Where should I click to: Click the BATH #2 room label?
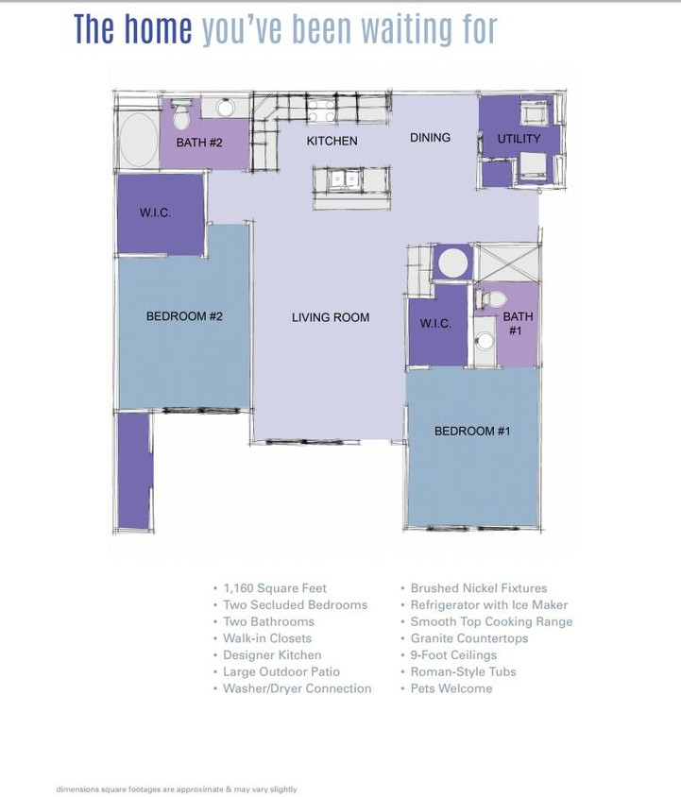(x=199, y=144)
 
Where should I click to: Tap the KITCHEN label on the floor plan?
(x=332, y=142)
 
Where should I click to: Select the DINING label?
(x=430, y=138)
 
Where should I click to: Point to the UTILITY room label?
(x=519, y=139)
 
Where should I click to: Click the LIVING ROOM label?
(x=330, y=317)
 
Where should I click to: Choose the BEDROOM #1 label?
(x=472, y=432)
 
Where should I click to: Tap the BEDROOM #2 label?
(x=184, y=316)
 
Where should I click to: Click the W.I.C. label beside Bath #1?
(x=435, y=324)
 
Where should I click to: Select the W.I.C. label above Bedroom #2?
(x=155, y=213)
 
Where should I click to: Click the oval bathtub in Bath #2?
(x=140, y=141)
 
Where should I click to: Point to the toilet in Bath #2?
(x=181, y=114)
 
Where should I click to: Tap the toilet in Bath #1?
(x=490, y=299)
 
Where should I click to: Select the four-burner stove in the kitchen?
(x=321, y=110)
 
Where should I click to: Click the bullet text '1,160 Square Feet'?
(x=275, y=588)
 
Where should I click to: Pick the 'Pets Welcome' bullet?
(x=451, y=688)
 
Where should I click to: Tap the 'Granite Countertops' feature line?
(x=468, y=638)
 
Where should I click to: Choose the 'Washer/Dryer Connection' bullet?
(x=297, y=688)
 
